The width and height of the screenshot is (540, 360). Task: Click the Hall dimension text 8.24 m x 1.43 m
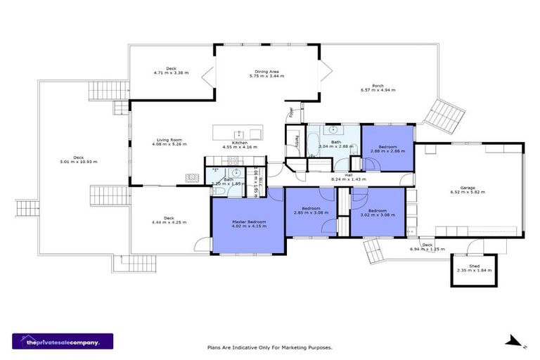349,179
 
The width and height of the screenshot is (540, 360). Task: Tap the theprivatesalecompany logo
62,341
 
